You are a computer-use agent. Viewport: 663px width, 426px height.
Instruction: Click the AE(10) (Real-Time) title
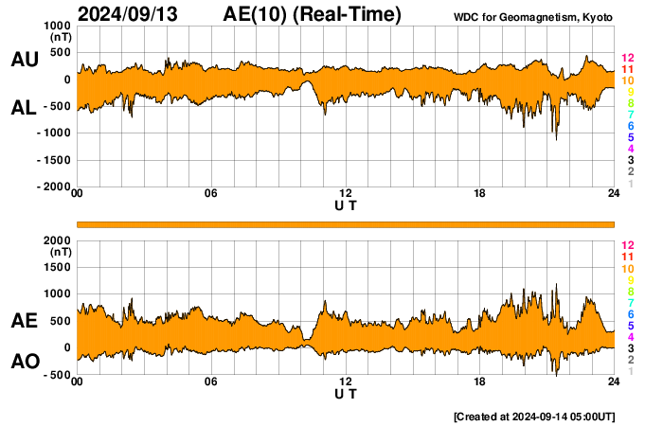[x=313, y=14]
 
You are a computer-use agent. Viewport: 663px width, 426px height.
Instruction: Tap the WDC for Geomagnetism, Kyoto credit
[x=532, y=17]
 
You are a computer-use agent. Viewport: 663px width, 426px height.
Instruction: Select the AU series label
[x=24, y=59]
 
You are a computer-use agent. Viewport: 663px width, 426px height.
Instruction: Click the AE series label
[x=24, y=321]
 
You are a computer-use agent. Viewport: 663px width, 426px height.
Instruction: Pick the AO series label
[x=24, y=362]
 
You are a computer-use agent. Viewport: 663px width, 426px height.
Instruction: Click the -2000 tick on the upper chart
[x=54, y=187]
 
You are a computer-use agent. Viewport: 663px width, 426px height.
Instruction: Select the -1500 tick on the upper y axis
[x=54, y=160]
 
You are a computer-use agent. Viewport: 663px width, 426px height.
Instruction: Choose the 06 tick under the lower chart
[x=211, y=382]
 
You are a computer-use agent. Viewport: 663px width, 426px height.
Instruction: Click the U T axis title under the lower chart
[x=346, y=394]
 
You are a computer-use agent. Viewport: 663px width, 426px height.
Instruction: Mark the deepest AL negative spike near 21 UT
[x=556, y=139]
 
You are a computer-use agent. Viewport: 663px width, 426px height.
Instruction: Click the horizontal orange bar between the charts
[x=346, y=223]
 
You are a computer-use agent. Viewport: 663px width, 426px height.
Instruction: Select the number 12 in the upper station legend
[x=627, y=59]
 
